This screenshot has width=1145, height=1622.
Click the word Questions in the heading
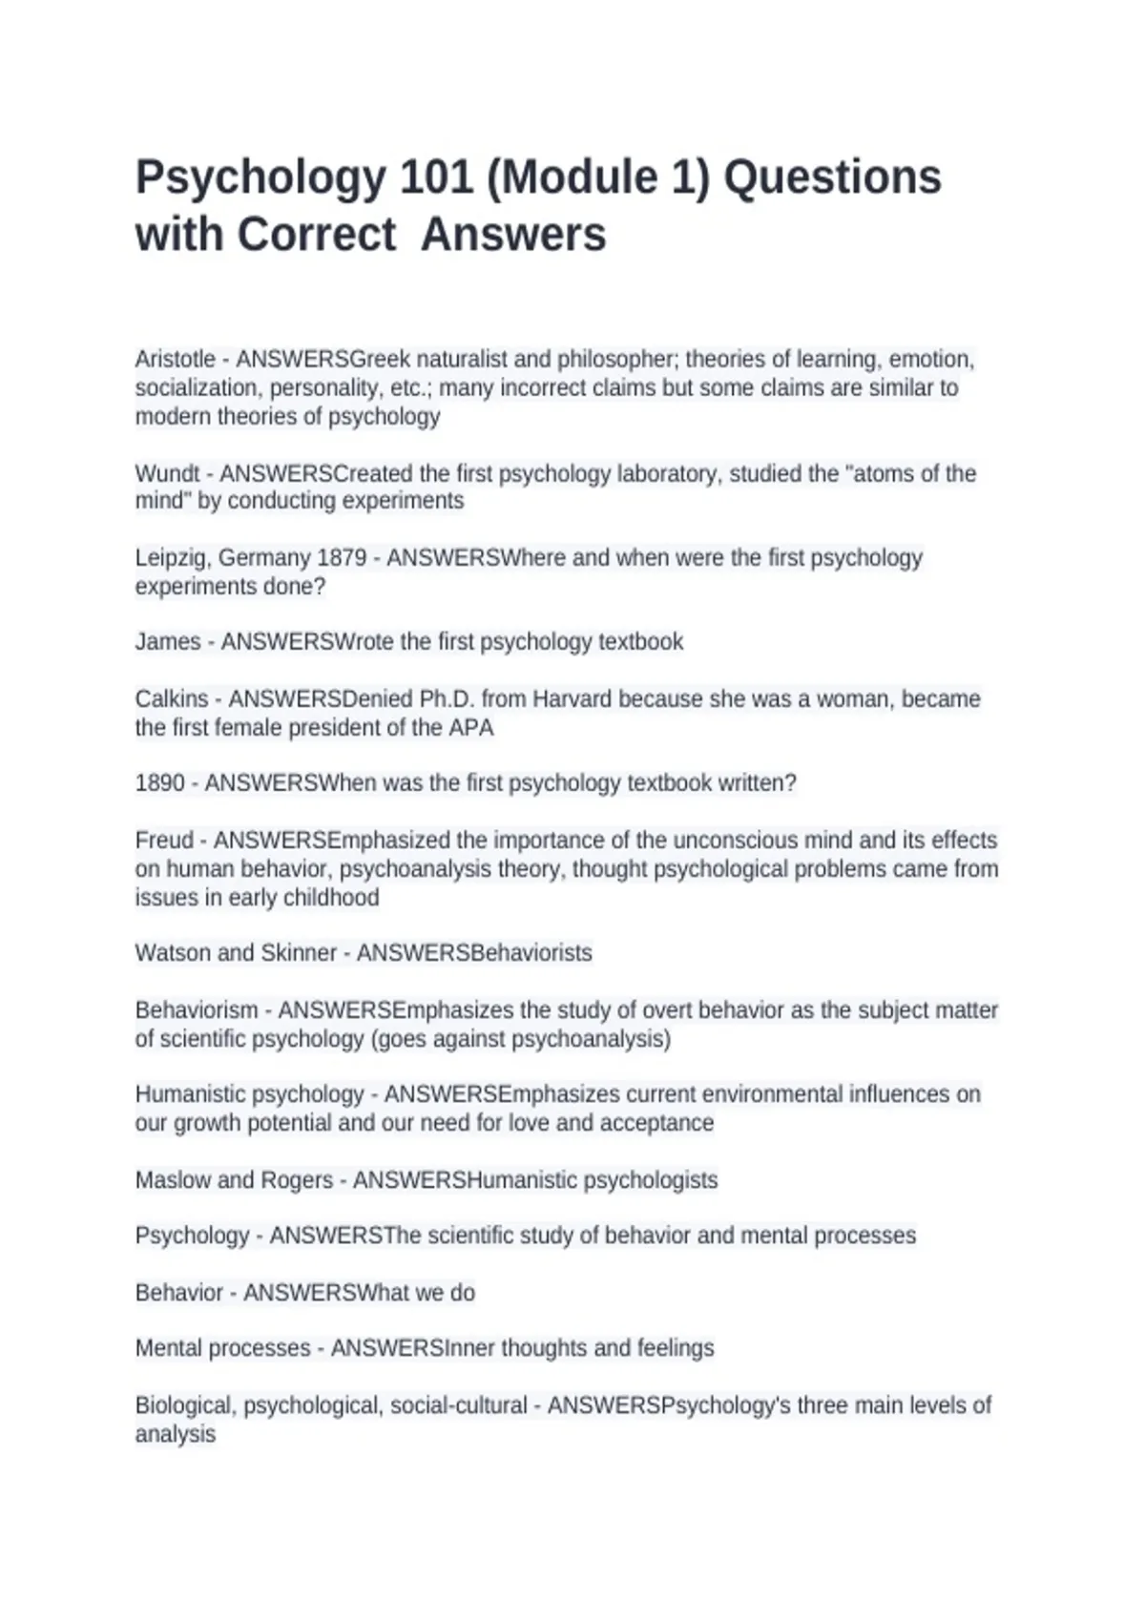coord(832,177)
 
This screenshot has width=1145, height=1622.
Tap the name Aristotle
coord(176,360)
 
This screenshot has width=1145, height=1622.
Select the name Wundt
coord(168,473)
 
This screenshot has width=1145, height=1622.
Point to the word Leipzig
coord(171,558)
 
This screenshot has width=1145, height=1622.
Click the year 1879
coord(342,558)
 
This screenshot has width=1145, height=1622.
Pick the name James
coord(168,642)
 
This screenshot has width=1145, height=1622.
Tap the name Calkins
coord(172,699)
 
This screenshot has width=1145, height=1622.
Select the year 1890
coord(159,783)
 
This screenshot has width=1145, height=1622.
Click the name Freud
coord(164,841)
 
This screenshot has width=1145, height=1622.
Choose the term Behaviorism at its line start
coord(197,1010)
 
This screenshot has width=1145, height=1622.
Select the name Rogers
coord(297,1180)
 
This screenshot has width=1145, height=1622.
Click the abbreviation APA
coord(470,728)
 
